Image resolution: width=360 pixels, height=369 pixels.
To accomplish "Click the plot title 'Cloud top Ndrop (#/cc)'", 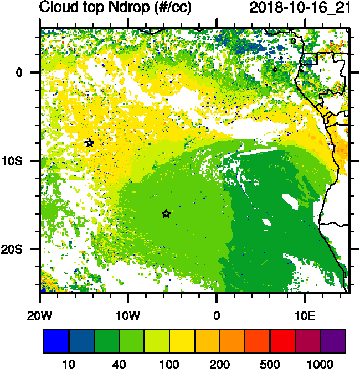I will [112, 8].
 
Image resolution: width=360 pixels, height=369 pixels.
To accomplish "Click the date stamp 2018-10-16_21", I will [299, 8].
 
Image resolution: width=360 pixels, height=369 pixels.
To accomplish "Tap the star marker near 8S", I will [90, 143].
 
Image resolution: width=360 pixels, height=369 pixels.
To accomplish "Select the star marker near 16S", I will [166, 214].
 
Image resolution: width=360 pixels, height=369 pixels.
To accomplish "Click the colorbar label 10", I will [69, 363].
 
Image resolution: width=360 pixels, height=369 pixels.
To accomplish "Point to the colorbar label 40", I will [119, 363].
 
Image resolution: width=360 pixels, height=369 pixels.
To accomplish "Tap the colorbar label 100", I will [169, 363].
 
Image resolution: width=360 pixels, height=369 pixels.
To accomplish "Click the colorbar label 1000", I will [321, 363].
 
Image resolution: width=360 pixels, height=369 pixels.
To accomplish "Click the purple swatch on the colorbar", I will [333, 341].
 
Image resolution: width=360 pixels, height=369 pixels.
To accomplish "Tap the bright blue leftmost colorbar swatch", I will [56, 341].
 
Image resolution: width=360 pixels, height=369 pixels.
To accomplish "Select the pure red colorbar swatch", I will [282, 341].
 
